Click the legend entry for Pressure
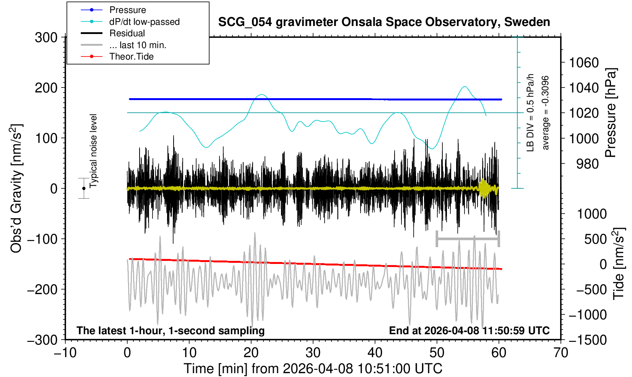(x=127, y=10)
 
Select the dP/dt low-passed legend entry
(x=144, y=22)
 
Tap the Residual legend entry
(x=127, y=33)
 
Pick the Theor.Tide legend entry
(x=131, y=57)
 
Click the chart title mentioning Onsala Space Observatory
(x=384, y=22)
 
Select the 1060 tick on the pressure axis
(x=584, y=62)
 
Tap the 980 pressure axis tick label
(x=588, y=163)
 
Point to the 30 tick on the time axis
(x=313, y=352)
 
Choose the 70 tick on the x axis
(x=561, y=352)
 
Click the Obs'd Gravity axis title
(x=16, y=188)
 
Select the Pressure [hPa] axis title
(x=611, y=113)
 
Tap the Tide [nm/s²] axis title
(x=619, y=264)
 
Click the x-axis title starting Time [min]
(x=313, y=369)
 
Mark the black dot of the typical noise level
(x=84, y=188)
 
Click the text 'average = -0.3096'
(x=546, y=113)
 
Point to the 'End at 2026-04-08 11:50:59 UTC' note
(x=469, y=330)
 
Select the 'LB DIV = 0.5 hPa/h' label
(x=530, y=113)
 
